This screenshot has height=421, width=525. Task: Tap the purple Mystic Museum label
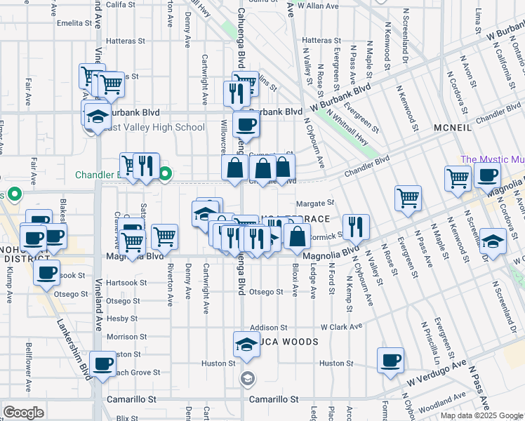[491, 160]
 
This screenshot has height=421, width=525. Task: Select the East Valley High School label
[156, 128]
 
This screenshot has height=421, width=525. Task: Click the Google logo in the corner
[23, 413]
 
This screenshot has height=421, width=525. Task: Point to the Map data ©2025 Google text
[481, 415]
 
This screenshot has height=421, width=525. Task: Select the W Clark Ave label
[342, 327]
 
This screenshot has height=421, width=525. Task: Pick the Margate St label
[313, 203]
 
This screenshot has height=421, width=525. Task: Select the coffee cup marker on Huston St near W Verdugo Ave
[390, 361]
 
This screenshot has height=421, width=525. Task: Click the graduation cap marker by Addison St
[246, 345]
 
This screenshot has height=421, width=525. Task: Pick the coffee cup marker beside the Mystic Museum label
[486, 175]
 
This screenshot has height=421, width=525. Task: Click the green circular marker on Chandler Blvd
[165, 175]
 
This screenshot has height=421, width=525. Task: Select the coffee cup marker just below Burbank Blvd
[246, 125]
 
